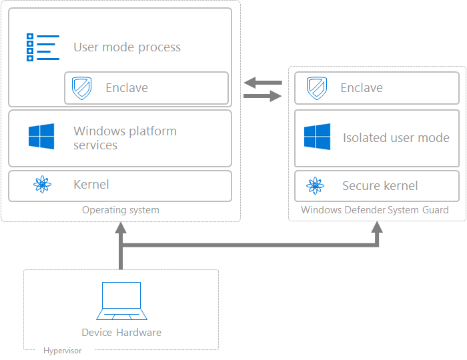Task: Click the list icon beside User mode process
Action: (42, 47)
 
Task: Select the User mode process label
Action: (127, 47)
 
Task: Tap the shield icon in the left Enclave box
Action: (81, 88)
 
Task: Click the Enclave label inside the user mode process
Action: (127, 88)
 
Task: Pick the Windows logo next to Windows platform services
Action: (41, 137)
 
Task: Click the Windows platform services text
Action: (125, 138)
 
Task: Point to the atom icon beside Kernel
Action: (42, 185)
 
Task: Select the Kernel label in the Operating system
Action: (91, 185)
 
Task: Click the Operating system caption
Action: (121, 210)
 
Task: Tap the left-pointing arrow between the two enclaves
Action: (263, 83)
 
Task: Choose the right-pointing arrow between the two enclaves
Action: (263, 97)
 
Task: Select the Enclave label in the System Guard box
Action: (362, 88)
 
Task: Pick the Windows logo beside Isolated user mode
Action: (317, 137)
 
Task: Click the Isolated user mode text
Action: (396, 138)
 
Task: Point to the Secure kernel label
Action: (380, 186)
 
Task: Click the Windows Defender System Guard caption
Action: (374, 210)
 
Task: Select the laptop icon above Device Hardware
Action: (121, 301)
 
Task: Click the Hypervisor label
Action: (62, 351)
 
